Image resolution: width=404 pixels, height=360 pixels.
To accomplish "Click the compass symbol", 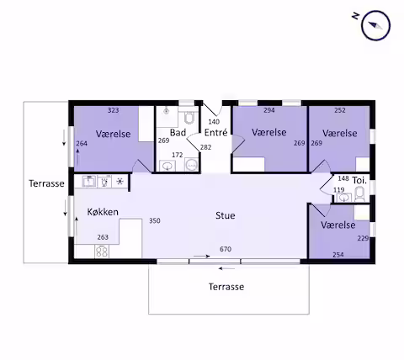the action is point(375,25).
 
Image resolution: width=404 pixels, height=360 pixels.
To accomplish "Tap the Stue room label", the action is point(226,215).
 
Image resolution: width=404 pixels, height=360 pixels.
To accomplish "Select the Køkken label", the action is point(103,212).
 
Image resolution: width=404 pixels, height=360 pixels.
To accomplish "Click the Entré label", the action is point(215,132).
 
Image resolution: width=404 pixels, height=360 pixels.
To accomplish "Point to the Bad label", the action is point(178,132).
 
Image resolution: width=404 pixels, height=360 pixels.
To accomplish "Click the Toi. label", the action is point(359,180).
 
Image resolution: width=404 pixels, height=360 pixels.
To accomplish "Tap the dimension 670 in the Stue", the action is point(226,249).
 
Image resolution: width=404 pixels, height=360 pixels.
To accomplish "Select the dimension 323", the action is point(114,110).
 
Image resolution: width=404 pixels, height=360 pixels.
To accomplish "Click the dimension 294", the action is point(269,110).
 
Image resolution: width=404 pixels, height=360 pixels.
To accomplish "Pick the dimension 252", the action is point(340,110).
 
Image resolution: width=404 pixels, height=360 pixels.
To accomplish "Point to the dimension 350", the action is point(155,220).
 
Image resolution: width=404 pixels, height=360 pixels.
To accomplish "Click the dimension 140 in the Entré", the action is point(214,122).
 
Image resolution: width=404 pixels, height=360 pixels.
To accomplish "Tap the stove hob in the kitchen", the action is point(102,251).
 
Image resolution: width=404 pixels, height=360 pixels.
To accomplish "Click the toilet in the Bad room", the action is point(189,118).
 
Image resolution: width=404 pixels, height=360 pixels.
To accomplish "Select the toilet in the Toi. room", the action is point(359,194).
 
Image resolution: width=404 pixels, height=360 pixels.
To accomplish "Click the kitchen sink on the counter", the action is point(89,182).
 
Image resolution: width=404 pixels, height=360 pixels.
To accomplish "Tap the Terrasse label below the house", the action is point(226,287).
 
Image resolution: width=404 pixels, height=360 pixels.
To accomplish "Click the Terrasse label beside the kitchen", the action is point(46,183).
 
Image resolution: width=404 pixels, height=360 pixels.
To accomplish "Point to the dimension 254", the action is point(338,255).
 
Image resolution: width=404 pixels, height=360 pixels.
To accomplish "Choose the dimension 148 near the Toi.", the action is point(343,178).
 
